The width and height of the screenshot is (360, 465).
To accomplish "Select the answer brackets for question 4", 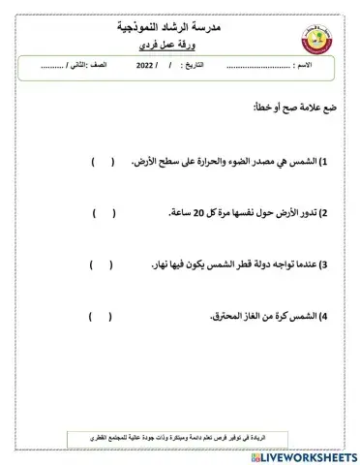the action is click(101, 316).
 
